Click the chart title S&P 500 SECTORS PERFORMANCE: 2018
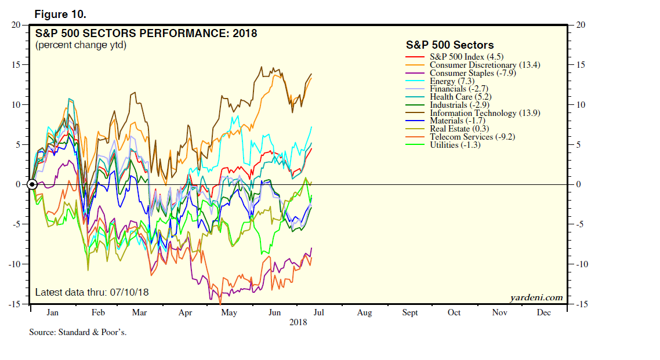[146, 33]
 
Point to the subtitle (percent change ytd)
[81, 45]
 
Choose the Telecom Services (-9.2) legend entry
[472, 137]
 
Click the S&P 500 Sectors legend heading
[449, 45]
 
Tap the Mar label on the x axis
[139, 312]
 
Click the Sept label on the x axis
[409, 312]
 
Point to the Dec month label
[543, 312]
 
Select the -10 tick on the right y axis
[581, 264]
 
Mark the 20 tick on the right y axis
[581, 25]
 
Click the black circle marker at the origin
[32, 184]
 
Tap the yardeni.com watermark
[536, 297]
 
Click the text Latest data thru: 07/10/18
[92, 292]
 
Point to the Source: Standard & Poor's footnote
[78, 333]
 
